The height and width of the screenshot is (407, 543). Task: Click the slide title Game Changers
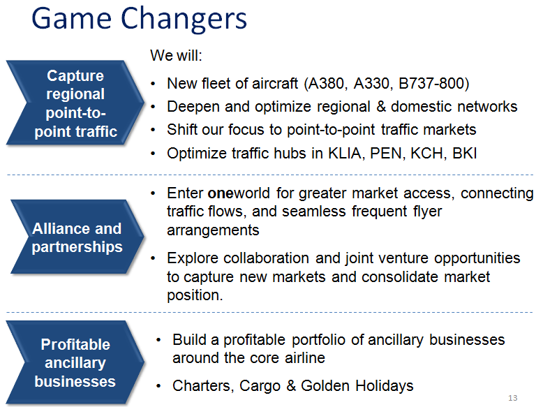coord(139,20)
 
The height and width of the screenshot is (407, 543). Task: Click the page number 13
coord(512,398)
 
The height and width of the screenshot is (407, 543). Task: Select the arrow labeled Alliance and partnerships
coord(77,237)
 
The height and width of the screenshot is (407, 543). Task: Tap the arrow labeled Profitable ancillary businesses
coord(75,362)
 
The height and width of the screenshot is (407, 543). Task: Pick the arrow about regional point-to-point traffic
coord(75,103)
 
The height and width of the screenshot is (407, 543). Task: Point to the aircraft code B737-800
coord(431,84)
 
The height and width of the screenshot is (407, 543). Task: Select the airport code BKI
coord(464,153)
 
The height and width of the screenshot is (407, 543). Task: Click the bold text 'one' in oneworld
coord(221,193)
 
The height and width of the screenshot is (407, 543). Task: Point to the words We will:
coord(177,55)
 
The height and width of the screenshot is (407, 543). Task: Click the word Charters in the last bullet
coord(201,386)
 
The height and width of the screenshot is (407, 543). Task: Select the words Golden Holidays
coord(357,386)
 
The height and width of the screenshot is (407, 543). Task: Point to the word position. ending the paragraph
coord(195,296)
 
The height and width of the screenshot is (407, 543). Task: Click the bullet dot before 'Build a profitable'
coord(158,340)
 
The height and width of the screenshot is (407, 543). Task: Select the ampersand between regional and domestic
coord(380,107)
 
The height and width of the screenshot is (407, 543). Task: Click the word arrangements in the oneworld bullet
coord(213,230)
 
